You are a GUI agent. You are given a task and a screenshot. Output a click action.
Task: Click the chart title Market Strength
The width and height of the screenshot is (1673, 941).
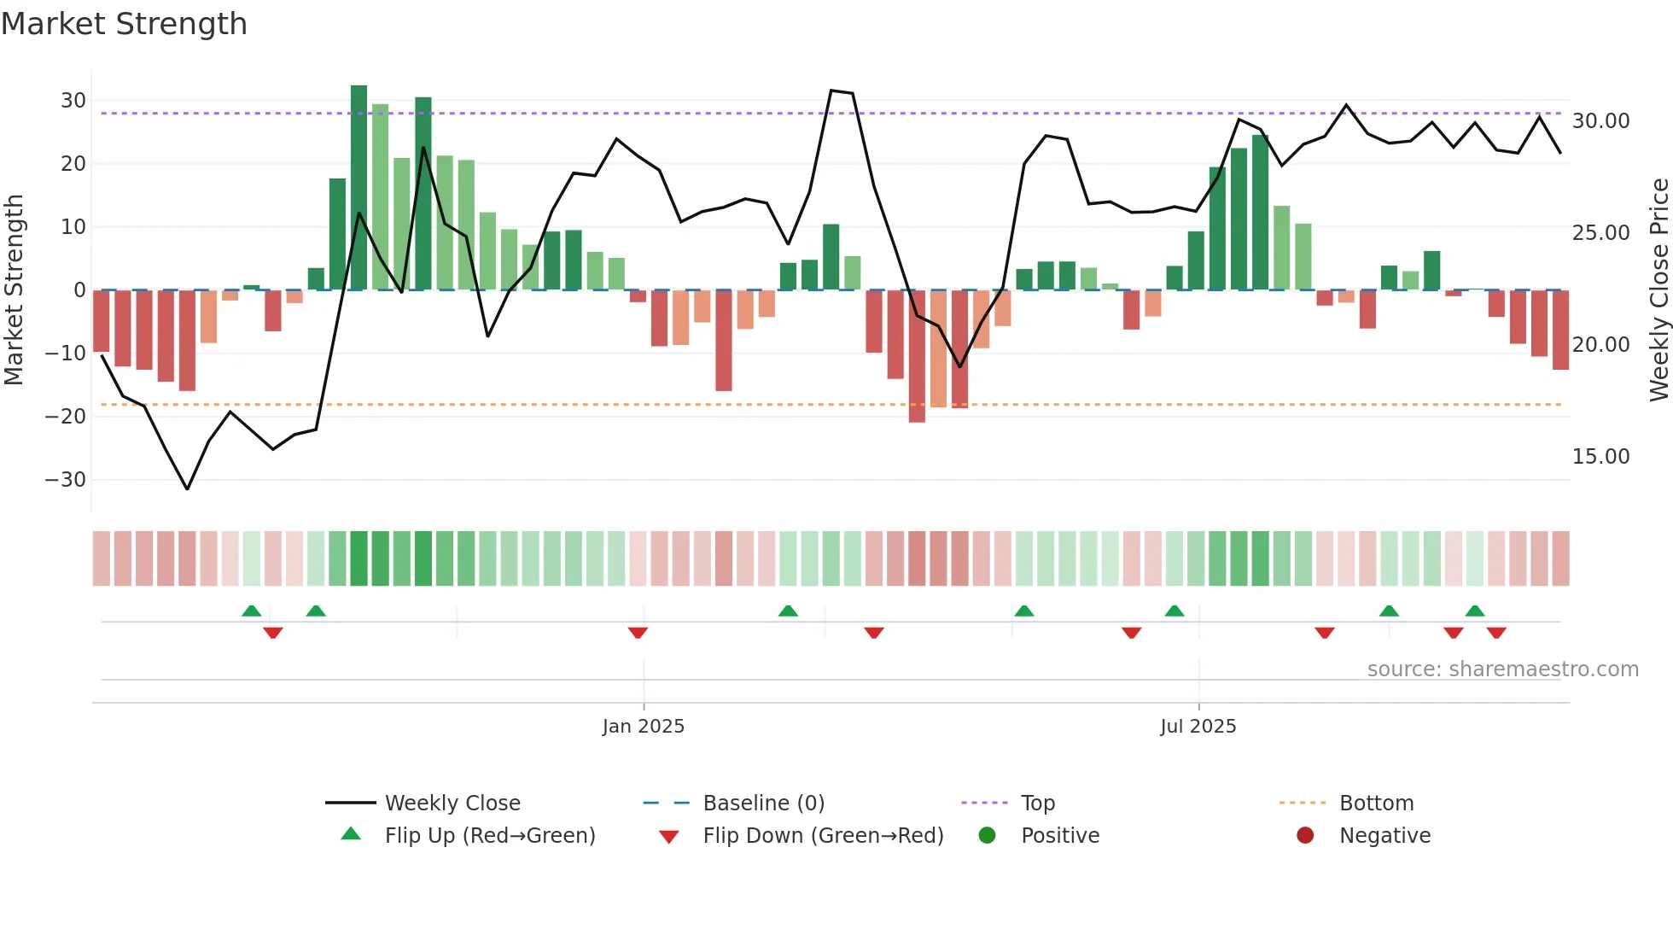(124, 24)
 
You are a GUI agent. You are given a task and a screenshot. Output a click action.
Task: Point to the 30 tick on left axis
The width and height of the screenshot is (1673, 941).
(73, 101)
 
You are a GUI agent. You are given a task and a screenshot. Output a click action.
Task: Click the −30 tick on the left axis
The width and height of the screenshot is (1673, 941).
(66, 480)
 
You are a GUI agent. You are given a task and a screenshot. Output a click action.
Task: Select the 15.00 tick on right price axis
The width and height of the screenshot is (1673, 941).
(1600, 457)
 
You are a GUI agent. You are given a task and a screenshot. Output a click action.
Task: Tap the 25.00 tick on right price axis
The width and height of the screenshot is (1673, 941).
(1600, 233)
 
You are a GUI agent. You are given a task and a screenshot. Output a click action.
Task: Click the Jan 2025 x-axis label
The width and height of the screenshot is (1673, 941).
(643, 727)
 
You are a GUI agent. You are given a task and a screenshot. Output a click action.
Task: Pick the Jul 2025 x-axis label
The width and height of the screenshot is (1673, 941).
(1198, 727)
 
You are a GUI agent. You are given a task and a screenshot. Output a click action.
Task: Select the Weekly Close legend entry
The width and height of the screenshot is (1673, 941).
(452, 804)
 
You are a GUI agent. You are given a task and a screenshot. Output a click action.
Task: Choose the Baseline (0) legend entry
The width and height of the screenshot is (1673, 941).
(763, 804)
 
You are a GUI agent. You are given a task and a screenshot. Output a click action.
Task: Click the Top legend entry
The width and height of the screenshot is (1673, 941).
(1037, 804)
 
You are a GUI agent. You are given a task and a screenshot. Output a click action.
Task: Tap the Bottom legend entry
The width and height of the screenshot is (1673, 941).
(1376, 804)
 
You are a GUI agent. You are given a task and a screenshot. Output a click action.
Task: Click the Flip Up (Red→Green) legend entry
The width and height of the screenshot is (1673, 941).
(489, 836)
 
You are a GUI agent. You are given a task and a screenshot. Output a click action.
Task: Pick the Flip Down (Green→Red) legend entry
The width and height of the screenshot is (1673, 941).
(823, 836)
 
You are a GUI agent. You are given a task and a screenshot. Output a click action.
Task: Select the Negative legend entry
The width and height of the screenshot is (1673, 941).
(1384, 836)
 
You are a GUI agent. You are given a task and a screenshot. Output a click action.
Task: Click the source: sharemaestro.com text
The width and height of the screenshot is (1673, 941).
(1502, 669)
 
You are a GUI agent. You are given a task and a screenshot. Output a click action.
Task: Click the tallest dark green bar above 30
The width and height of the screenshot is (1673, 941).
(358, 188)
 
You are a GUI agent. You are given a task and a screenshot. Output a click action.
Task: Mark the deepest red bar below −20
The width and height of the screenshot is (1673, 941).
(917, 356)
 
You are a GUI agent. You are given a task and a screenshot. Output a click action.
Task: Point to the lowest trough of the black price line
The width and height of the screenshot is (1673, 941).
(187, 488)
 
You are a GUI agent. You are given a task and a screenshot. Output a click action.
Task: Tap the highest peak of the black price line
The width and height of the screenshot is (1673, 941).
(831, 91)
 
